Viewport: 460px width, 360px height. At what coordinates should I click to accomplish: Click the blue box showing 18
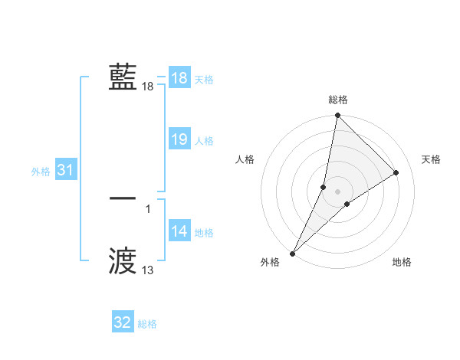coord(179,78)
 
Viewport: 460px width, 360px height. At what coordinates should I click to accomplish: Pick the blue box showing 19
coord(179,139)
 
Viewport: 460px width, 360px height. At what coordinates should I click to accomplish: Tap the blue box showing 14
coord(179,231)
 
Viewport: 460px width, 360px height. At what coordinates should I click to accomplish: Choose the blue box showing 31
coord(65,170)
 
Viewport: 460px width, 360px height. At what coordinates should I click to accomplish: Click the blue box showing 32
coord(123,322)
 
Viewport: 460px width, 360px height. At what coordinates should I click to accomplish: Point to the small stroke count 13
coord(148,270)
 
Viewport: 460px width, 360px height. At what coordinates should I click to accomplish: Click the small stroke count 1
coord(148,208)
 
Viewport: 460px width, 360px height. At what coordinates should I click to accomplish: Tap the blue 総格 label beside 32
coord(147,324)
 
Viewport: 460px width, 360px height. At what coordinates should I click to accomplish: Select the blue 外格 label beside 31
coord(41,172)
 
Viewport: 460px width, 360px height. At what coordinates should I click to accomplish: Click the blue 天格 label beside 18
coord(204,80)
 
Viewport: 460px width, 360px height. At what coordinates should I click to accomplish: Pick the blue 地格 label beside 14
coord(204,233)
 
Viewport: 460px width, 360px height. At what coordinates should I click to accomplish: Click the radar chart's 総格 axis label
coord(338,100)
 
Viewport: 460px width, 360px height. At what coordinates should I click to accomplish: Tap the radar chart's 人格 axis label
coord(245,159)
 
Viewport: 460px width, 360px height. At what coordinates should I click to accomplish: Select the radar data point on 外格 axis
coord(293,253)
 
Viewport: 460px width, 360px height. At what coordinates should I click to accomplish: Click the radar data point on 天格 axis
coord(396,172)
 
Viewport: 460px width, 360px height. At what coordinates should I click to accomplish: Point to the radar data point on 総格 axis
coord(338,116)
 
